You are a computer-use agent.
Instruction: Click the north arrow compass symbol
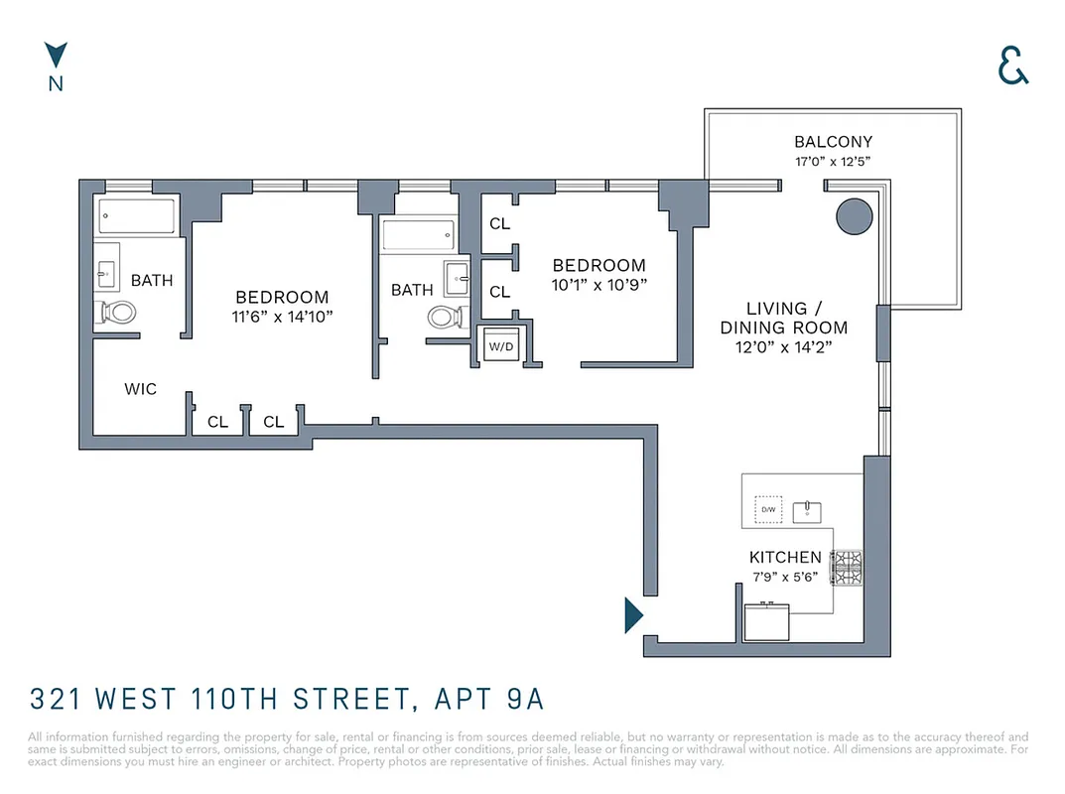click(x=56, y=56)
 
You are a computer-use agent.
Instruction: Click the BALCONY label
click(x=833, y=142)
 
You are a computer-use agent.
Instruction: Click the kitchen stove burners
click(x=847, y=568)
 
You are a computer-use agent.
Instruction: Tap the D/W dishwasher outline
click(x=767, y=510)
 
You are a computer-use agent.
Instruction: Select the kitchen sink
click(x=809, y=510)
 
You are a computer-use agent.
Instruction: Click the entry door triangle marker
click(x=632, y=615)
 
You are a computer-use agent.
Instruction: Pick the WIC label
click(x=140, y=389)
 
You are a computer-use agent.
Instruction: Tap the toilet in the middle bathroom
click(x=446, y=318)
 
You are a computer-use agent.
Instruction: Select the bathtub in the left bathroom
click(x=138, y=216)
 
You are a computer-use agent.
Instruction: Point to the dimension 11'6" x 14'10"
click(x=282, y=317)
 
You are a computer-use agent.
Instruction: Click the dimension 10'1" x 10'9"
click(x=599, y=284)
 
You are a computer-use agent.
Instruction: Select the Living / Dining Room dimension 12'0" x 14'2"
click(x=783, y=347)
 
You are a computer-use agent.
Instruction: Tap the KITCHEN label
click(x=785, y=558)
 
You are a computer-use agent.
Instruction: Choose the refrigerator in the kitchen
click(x=767, y=622)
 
